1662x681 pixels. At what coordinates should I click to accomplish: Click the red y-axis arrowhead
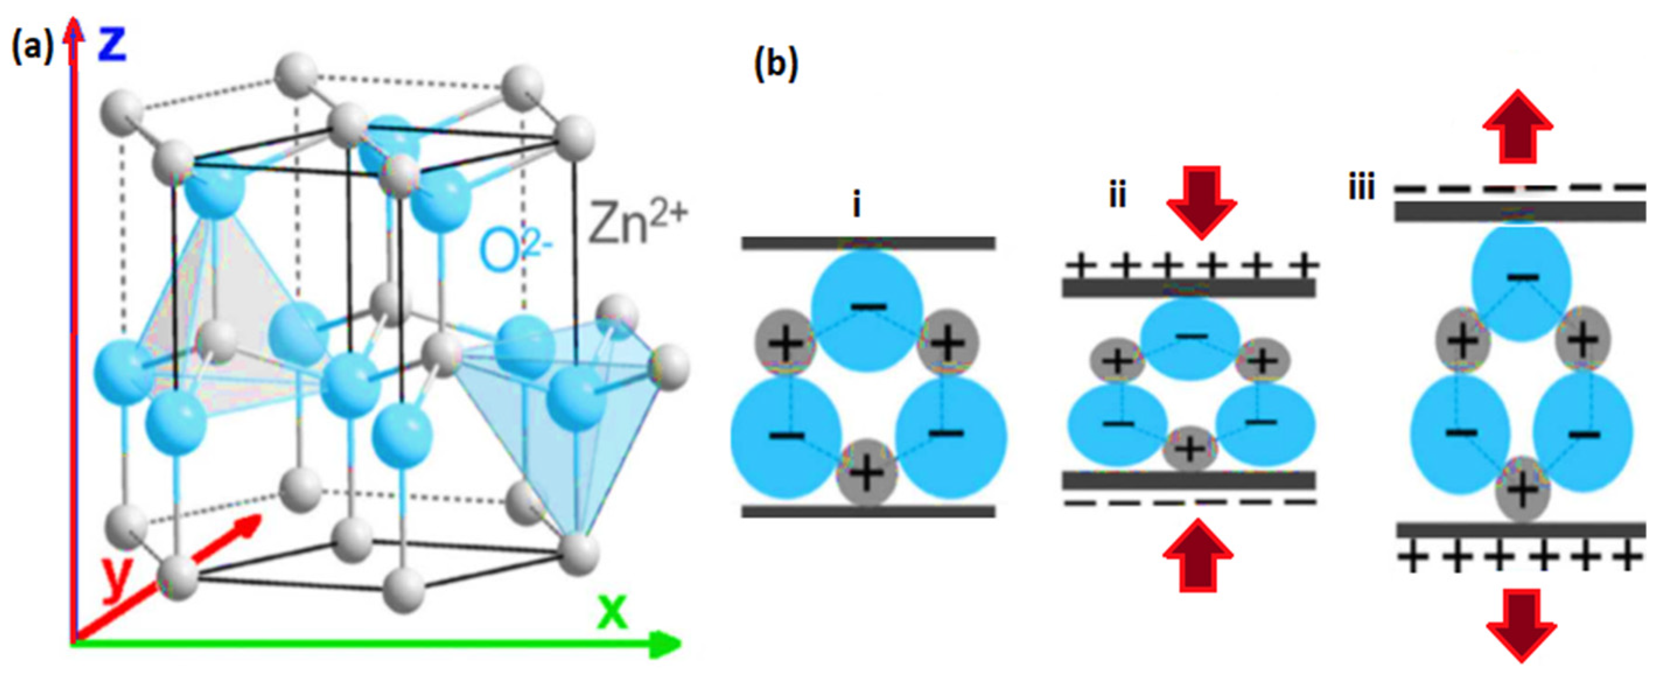[x=249, y=525]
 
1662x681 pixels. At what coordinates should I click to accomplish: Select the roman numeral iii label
[x=1362, y=188]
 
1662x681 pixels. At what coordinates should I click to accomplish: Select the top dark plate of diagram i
[x=868, y=243]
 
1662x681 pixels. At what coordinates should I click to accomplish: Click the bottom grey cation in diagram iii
[x=1523, y=492]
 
